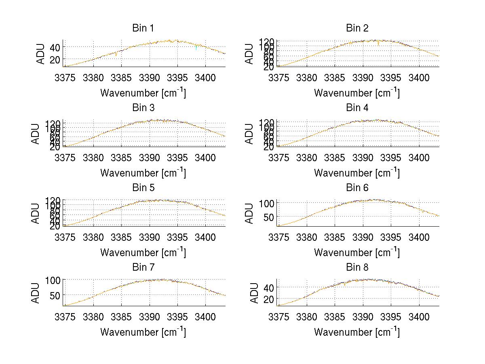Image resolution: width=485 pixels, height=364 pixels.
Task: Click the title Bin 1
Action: click(x=143, y=28)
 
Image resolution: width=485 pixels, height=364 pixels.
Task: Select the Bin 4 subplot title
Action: click(x=357, y=108)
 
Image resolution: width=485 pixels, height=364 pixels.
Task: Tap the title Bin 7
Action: click(x=143, y=267)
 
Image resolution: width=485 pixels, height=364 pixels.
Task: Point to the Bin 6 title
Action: click(x=357, y=188)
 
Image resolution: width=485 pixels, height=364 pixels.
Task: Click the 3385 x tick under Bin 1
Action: click(x=121, y=77)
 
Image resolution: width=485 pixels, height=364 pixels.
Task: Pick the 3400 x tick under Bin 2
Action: click(x=419, y=77)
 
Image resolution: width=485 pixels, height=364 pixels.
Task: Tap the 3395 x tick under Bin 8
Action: click(x=390, y=317)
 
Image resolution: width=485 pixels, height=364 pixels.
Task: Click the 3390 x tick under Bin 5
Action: click(x=149, y=237)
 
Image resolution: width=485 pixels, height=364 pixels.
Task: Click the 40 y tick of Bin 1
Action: click(x=55, y=47)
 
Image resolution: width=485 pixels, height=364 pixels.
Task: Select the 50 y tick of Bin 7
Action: click(x=55, y=295)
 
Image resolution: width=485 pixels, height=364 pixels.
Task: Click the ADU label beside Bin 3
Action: click(x=36, y=133)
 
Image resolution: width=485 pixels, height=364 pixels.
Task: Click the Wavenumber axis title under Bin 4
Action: click(x=357, y=173)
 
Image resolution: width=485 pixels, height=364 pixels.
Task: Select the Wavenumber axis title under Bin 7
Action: click(x=143, y=332)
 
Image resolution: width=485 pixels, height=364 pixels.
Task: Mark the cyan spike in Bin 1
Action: click(x=196, y=48)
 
